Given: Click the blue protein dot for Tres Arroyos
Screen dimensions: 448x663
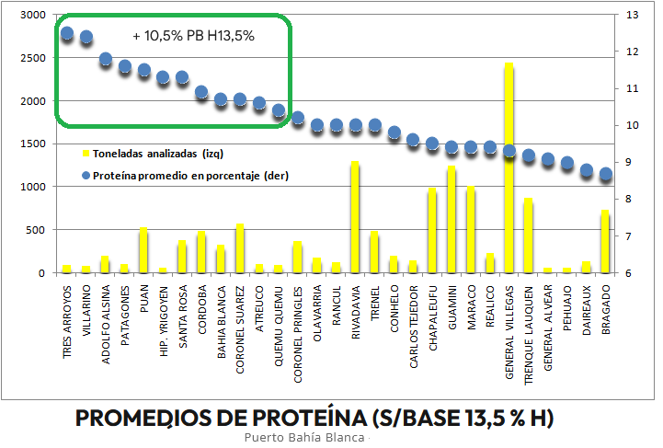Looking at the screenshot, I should point(66,34).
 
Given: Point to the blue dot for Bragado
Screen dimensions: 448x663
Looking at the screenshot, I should point(605,174).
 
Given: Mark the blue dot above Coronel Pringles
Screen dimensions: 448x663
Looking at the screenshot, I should point(298,118).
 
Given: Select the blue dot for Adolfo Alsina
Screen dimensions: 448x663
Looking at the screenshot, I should point(105,60).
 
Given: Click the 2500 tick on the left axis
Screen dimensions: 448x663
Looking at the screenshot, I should point(31,58).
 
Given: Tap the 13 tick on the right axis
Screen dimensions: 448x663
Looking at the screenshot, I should point(633,15).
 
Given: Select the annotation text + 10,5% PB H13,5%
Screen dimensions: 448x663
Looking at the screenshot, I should point(193,36).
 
